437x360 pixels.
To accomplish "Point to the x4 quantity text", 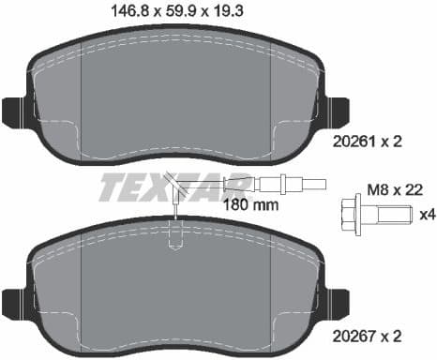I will (427, 215).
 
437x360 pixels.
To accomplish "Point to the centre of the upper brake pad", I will (173, 94).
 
